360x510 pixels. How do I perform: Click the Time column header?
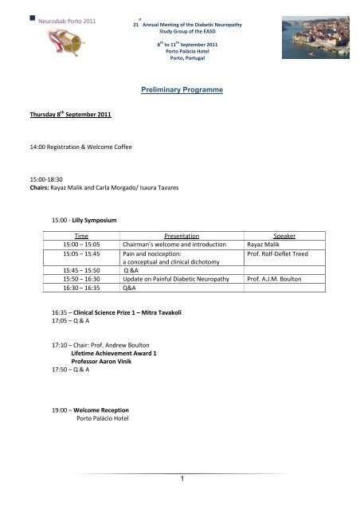coord(81,237)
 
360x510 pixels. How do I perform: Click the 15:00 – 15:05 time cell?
coord(87,245)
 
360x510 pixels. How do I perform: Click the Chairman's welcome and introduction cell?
coord(180,245)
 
